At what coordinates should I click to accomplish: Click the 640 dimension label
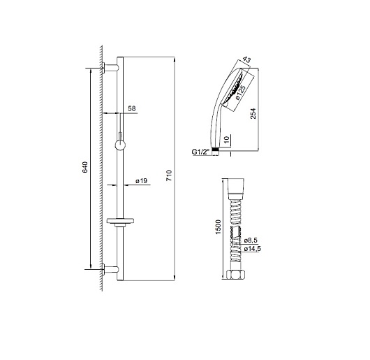(85, 167)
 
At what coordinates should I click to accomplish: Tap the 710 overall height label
(169, 175)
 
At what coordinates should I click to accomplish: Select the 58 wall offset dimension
(132, 108)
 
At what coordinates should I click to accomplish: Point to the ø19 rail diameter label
(141, 181)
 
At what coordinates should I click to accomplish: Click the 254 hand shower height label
(253, 113)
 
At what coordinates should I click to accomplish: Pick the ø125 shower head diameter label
(240, 92)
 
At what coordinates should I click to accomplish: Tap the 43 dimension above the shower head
(246, 59)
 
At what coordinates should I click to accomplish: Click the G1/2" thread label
(200, 152)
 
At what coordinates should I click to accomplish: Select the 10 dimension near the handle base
(226, 139)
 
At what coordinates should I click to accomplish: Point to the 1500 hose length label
(218, 226)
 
